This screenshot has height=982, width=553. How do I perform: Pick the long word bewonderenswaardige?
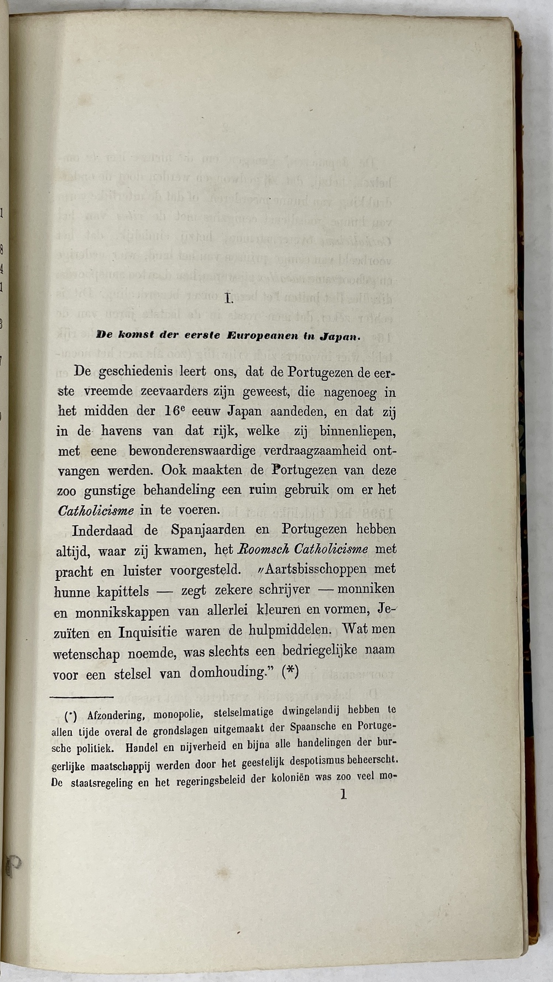point(192,451)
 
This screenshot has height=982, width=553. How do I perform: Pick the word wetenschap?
point(86,654)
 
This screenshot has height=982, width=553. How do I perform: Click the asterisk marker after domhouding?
point(290,671)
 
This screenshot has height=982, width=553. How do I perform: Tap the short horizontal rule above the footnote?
point(82,697)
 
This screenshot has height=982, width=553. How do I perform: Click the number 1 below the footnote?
point(343,795)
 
